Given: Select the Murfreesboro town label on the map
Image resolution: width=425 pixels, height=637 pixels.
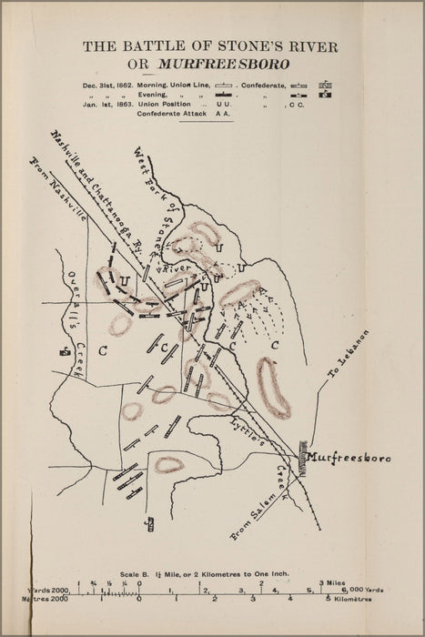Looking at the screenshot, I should (349, 457).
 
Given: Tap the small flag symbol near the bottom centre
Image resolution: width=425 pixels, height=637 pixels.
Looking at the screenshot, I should (150, 522).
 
